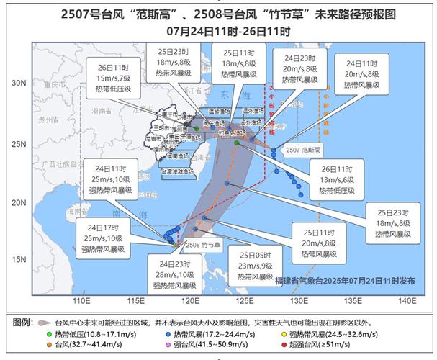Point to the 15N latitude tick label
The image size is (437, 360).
coord(19,261)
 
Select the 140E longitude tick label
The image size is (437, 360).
coord(407,301)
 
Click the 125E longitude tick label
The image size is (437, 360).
coord(245,301)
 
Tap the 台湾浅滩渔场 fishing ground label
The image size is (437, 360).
coord(176,172)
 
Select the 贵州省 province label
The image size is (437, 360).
coord(49,120)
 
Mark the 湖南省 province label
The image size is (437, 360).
coord(101,112)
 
